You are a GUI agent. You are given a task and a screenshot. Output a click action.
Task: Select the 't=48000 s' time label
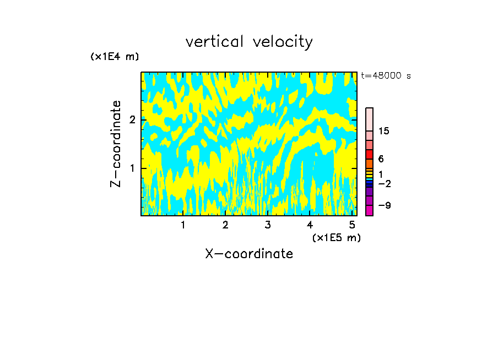(x=386, y=76)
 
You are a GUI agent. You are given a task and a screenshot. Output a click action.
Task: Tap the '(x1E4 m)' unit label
(x=115, y=57)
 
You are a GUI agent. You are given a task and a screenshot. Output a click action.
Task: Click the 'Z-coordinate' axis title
(x=116, y=144)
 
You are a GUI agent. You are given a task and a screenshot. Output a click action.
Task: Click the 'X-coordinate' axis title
(x=249, y=254)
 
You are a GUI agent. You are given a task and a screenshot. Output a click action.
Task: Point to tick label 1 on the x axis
(x=183, y=225)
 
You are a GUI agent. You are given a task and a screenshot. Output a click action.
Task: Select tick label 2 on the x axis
(x=225, y=225)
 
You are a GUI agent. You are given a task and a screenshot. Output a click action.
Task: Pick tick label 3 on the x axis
(x=268, y=225)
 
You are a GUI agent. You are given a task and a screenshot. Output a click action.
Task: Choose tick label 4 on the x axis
(x=310, y=225)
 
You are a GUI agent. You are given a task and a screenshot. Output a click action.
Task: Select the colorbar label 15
(x=384, y=131)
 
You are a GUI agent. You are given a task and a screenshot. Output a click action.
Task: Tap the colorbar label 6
(x=381, y=159)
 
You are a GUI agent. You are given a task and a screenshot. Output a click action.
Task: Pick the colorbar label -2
(x=384, y=183)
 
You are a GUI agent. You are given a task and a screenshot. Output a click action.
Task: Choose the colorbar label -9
(x=384, y=205)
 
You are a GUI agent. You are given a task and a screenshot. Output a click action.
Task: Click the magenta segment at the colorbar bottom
(x=369, y=211)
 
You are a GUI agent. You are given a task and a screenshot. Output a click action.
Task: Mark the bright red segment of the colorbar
(x=369, y=154)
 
